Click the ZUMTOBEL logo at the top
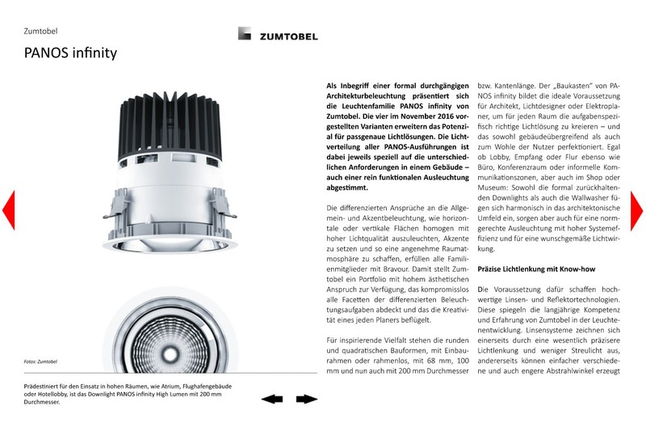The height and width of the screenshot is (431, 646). point(288,36)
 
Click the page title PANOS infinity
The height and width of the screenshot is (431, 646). point(70,54)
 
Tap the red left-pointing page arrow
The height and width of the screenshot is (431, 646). point(8,211)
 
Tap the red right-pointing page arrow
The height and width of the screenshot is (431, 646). point(636,211)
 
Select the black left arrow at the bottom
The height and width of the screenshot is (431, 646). point(272,399)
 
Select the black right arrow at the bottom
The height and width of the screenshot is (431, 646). point(306,399)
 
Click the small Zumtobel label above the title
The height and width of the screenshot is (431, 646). point(40,32)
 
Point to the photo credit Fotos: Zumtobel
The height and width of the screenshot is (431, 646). point(41,361)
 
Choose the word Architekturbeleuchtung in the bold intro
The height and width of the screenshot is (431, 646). point(369,96)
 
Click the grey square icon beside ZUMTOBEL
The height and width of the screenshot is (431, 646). point(245,35)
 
